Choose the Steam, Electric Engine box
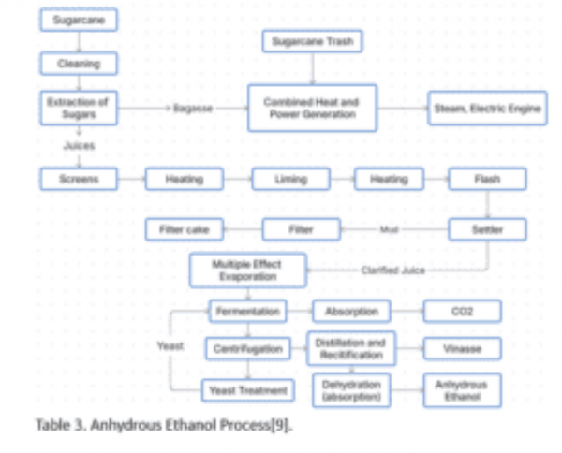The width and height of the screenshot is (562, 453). tap(486, 109)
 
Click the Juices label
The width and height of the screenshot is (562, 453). tap(79, 146)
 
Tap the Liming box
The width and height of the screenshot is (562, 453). tap(290, 179)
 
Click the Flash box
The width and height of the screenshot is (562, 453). tap(487, 179)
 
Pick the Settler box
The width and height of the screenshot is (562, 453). tap(487, 228)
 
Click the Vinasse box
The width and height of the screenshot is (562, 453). tap(462, 349)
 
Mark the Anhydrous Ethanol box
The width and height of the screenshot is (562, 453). tap(462, 389)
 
